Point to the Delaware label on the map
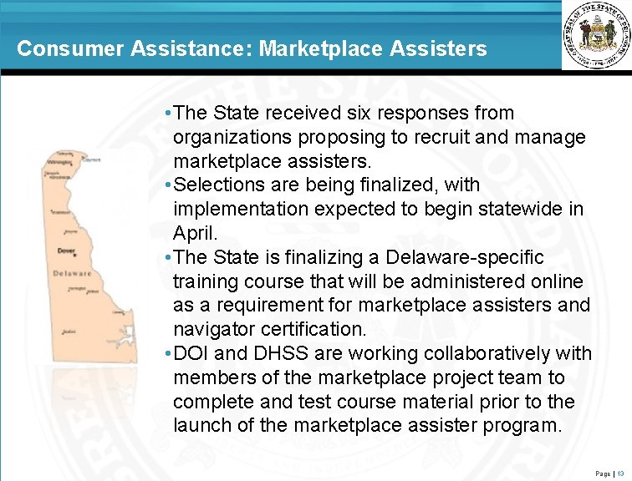72,273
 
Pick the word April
193,232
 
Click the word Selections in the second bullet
217,184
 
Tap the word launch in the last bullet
203,426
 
